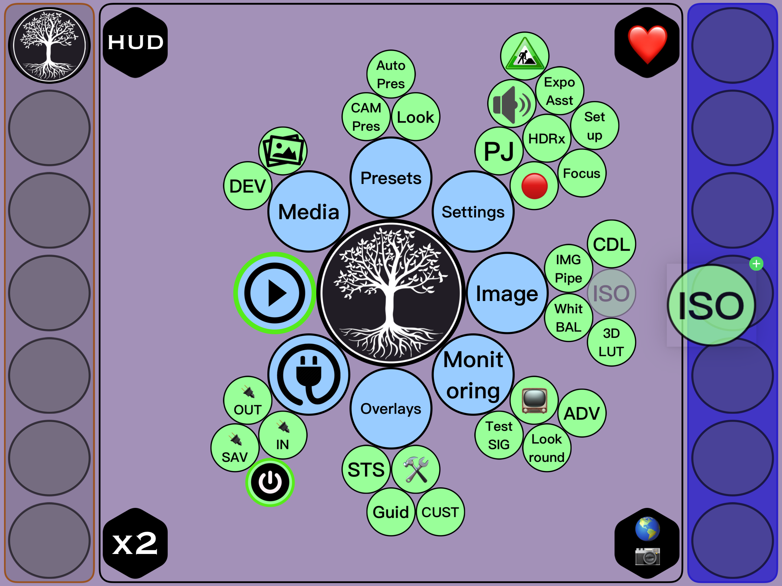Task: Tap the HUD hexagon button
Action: tap(135, 42)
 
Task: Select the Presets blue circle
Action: tap(391, 178)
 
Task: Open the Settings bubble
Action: tap(473, 212)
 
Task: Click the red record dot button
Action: tap(534, 186)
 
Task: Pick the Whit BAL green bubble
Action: tap(568, 318)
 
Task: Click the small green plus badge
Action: tap(756, 264)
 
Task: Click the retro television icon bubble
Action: tap(534, 401)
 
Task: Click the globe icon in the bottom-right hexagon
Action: tap(647, 529)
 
